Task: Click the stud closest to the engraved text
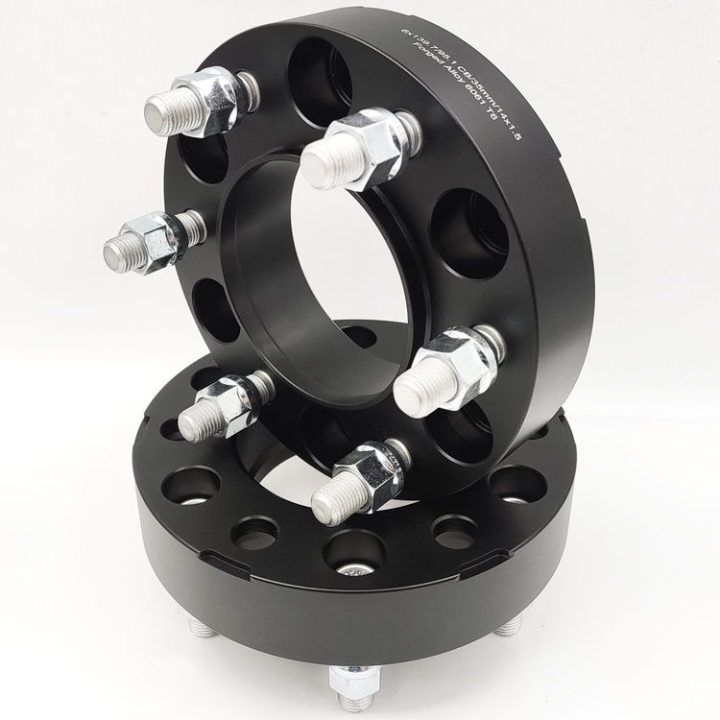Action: [x=359, y=150]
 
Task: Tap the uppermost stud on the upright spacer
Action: [x=192, y=103]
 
